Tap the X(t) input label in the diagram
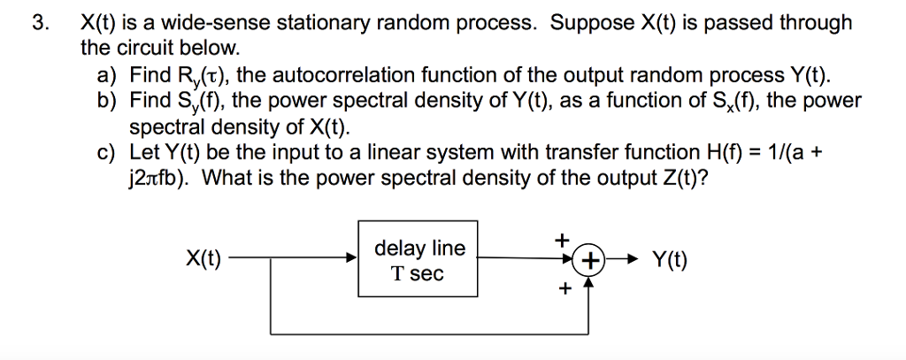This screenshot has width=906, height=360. [204, 260]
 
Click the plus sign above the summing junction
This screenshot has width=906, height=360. [559, 240]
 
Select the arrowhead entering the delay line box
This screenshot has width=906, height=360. [351, 260]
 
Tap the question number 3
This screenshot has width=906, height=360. [38, 23]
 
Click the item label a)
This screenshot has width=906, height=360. [108, 75]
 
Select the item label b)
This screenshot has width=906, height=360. [108, 100]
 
